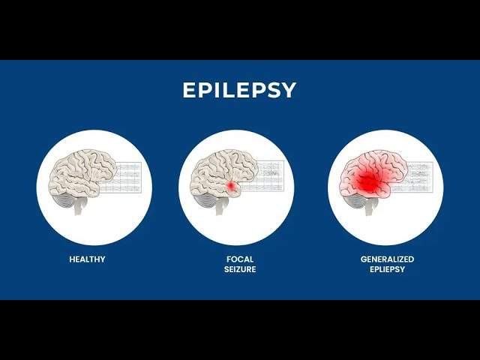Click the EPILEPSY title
(x=240, y=91)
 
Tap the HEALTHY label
(x=87, y=259)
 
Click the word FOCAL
(x=240, y=259)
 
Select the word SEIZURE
(x=240, y=269)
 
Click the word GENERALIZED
(x=387, y=259)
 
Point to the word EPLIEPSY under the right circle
(x=387, y=269)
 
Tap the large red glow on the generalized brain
(x=367, y=181)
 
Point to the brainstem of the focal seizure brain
(x=220, y=208)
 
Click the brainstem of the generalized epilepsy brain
(x=369, y=208)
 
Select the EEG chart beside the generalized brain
(x=417, y=178)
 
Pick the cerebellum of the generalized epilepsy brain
(x=355, y=199)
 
